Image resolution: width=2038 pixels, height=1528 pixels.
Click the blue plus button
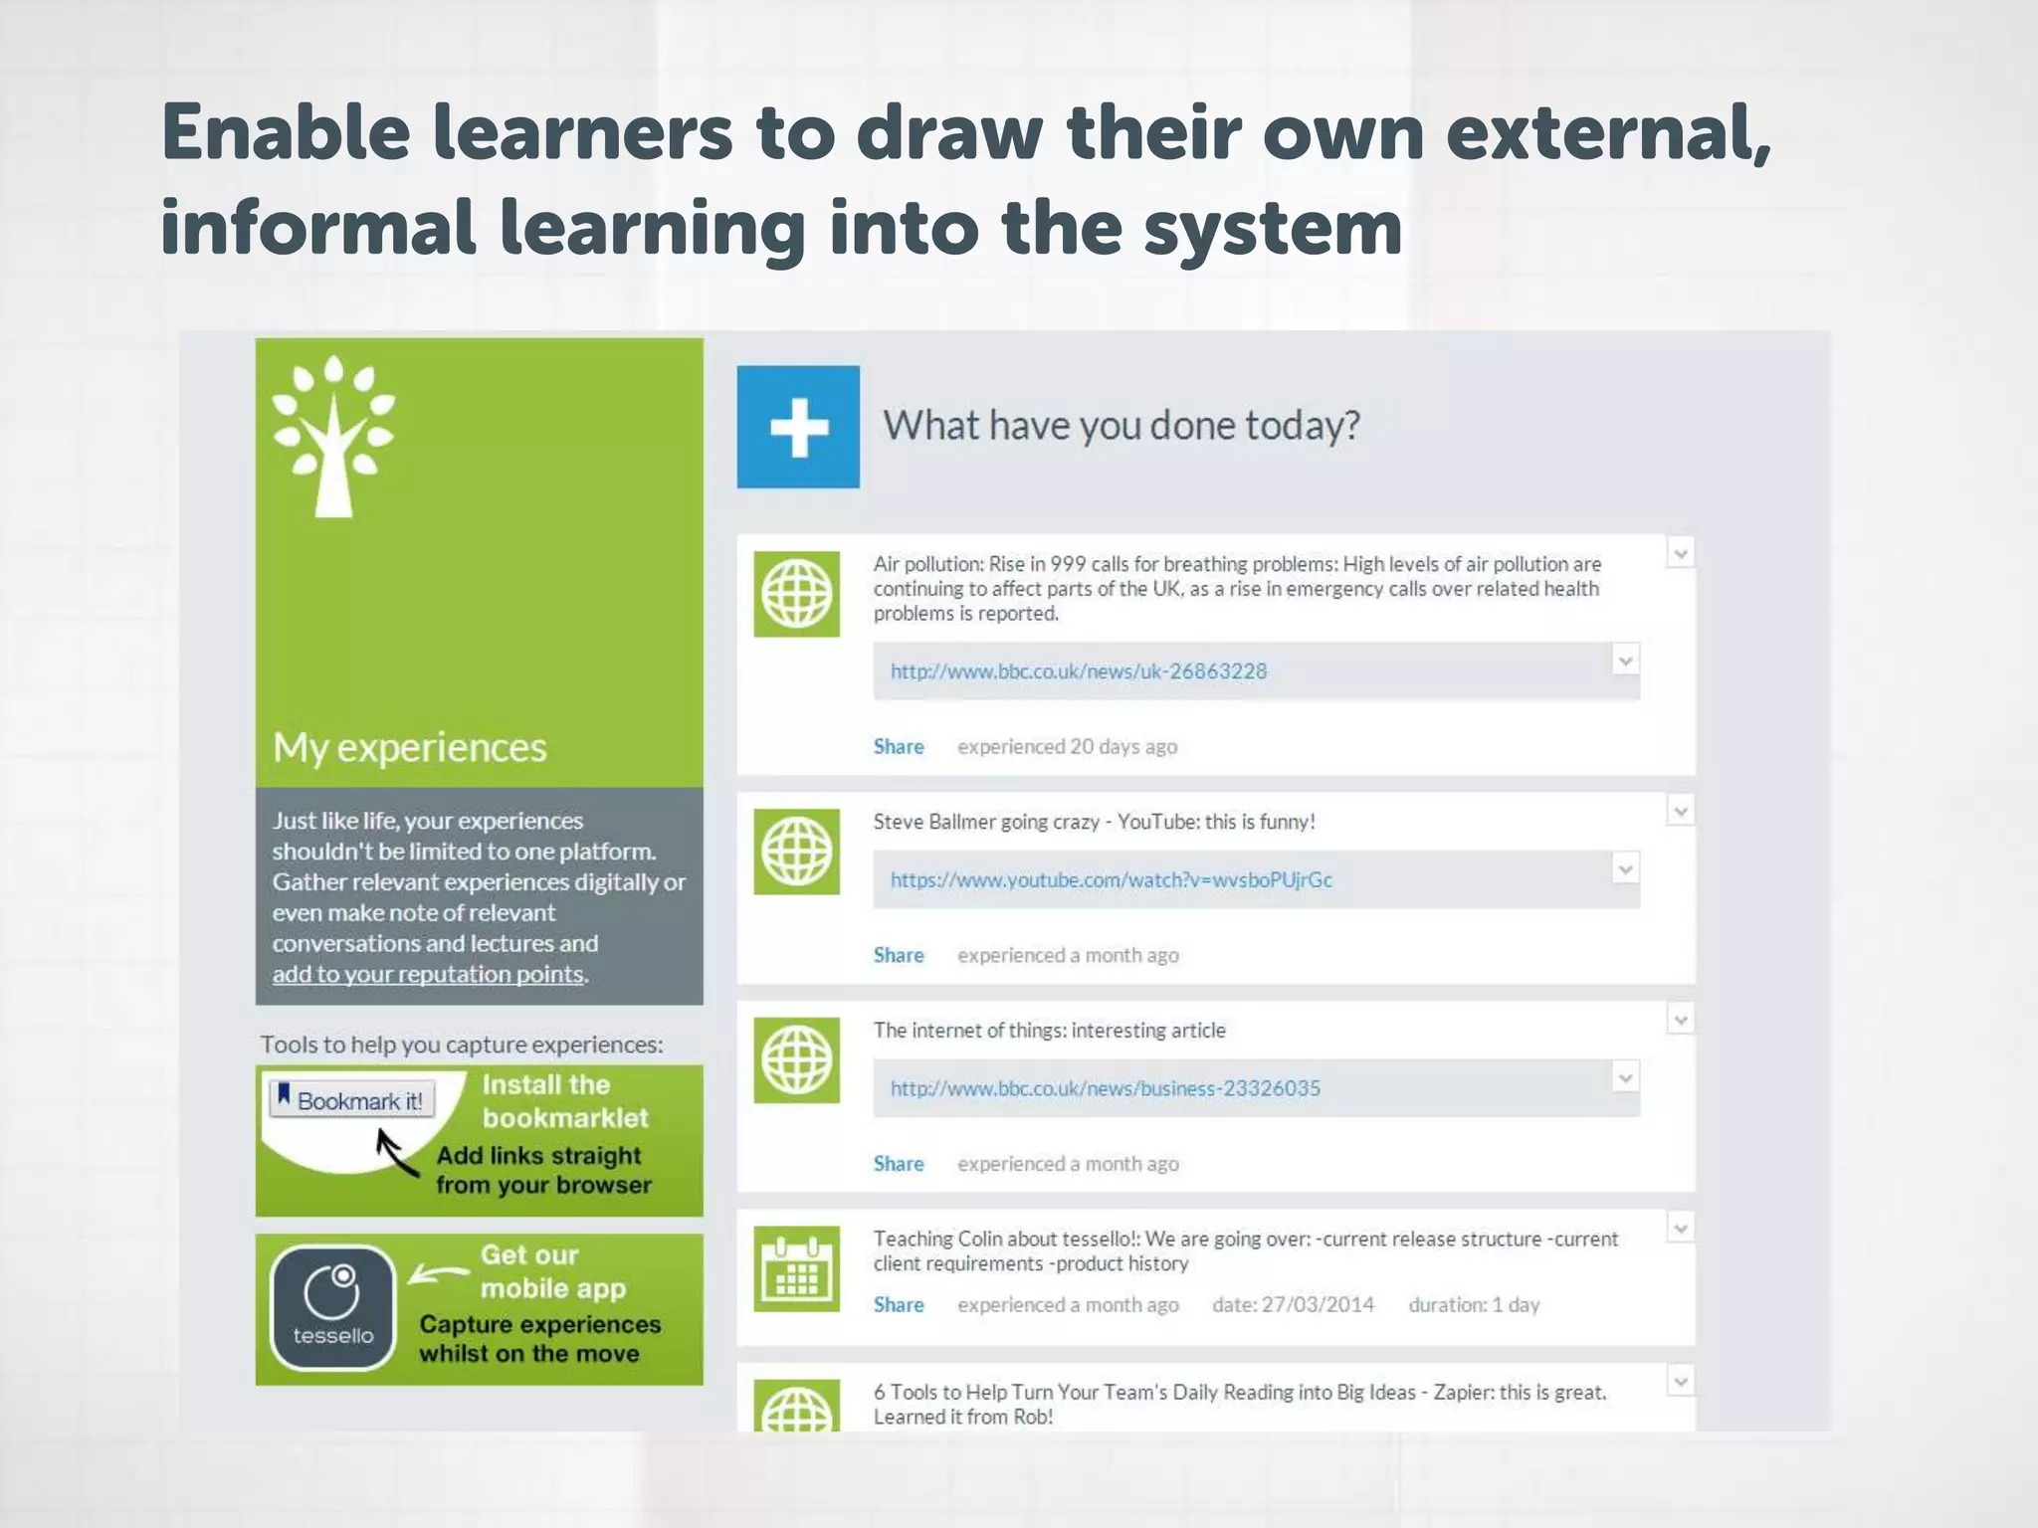(x=798, y=427)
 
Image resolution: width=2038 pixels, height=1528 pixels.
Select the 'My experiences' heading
(x=410, y=747)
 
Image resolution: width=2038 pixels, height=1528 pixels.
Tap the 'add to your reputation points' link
(x=428, y=974)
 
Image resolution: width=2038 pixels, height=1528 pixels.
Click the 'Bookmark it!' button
(x=352, y=1100)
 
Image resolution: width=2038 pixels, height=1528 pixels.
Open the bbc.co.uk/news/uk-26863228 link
(x=1079, y=671)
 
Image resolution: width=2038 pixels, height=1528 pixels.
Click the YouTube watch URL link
(x=1111, y=880)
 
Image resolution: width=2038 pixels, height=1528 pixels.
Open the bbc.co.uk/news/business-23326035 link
(x=1105, y=1088)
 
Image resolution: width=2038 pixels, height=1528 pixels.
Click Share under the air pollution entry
(x=899, y=747)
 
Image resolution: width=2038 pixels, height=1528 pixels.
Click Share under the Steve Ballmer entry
(x=899, y=956)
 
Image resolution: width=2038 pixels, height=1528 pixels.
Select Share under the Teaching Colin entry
(x=899, y=1305)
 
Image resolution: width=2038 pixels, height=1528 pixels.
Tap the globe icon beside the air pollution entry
(x=797, y=594)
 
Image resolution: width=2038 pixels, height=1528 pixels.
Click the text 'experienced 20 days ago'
(x=1067, y=747)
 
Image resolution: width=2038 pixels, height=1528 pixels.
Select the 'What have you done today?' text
(x=1121, y=426)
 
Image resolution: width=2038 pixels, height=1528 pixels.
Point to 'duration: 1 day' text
(x=1474, y=1305)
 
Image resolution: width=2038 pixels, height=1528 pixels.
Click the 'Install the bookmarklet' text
(x=564, y=1101)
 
